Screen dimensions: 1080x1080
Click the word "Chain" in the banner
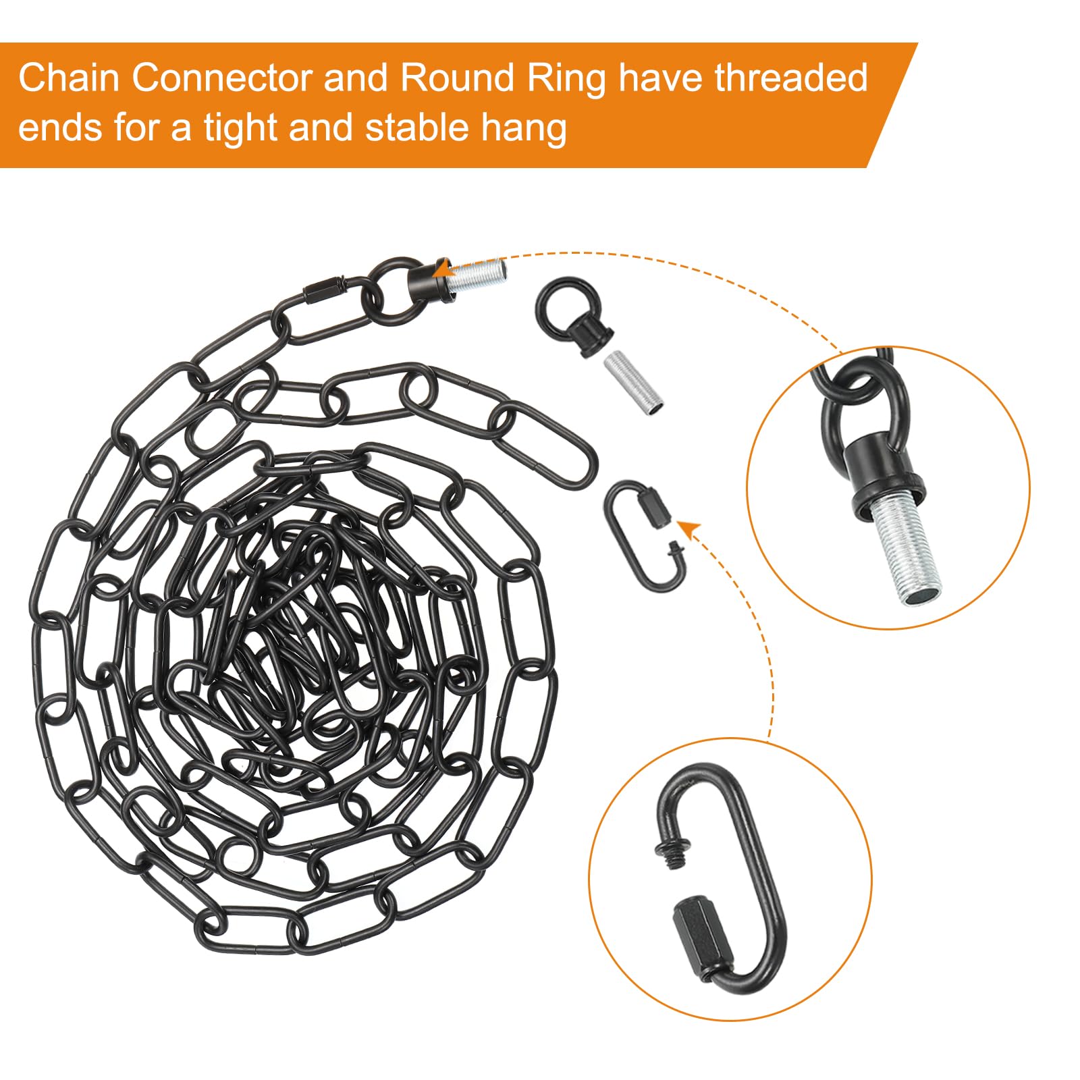(70, 78)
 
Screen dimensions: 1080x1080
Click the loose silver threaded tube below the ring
(632, 383)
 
